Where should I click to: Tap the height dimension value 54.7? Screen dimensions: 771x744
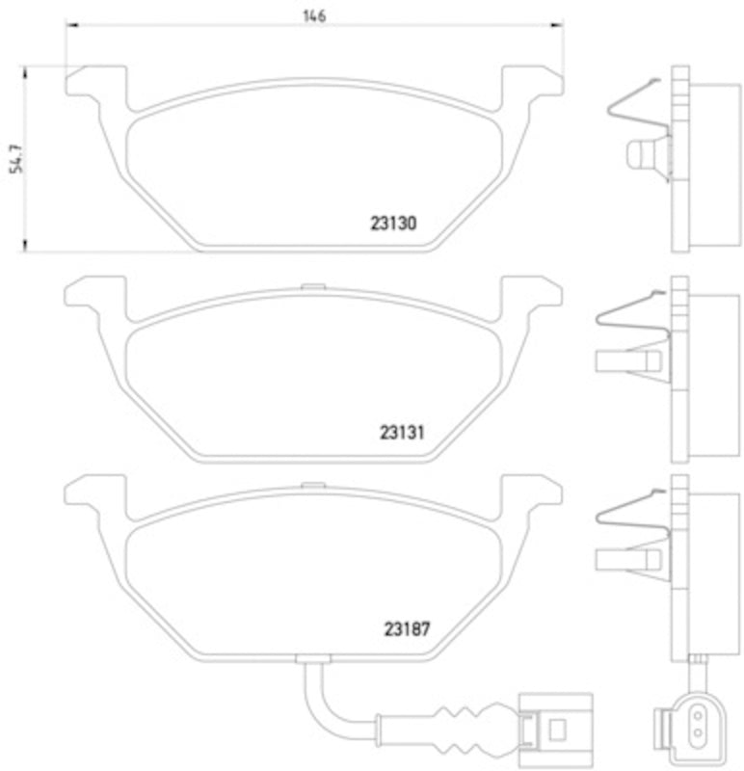tap(14, 159)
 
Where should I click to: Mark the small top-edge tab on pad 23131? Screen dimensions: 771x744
tap(310, 285)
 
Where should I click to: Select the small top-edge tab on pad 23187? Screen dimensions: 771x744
tap(310, 485)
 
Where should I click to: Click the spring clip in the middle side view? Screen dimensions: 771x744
tap(631, 318)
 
